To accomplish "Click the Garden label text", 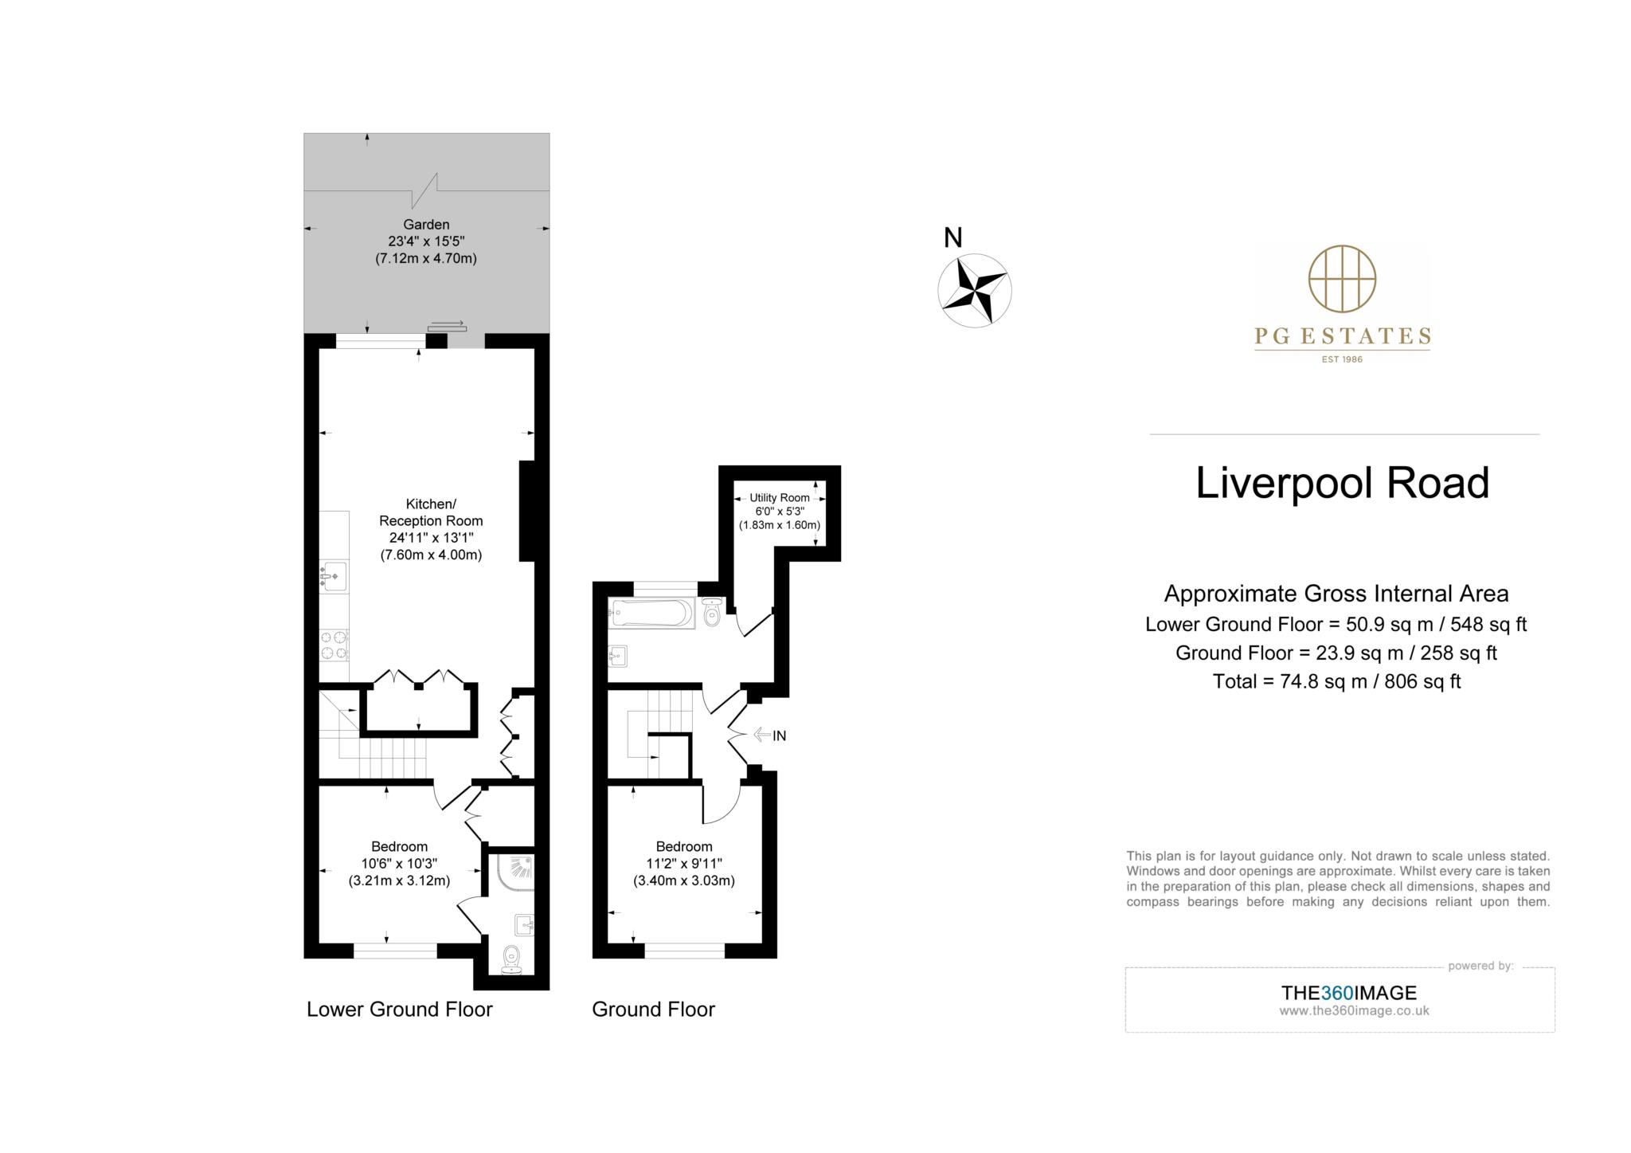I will [x=426, y=225].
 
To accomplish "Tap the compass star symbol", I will [x=974, y=291].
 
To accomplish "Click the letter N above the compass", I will [x=952, y=237].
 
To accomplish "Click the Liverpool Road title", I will [x=1342, y=484].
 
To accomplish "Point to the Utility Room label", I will [x=779, y=497].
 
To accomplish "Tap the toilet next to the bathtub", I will [x=712, y=613].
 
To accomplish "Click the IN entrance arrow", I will [x=769, y=735].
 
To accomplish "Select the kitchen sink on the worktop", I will [x=334, y=575].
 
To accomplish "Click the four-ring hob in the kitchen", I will [x=334, y=645].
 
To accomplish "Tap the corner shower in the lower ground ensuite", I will [x=516, y=873].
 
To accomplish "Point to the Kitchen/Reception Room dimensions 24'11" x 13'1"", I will [x=431, y=538].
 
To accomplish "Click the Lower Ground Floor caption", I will [x=400, y=1010].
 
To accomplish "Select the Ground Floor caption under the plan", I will [x=653, y=1010].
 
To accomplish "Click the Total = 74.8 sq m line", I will [x=1336, y=681].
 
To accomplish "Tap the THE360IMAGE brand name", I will [x=1348, y=993].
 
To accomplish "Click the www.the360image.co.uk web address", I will [x=1354, y=1011].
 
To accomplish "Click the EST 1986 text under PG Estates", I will [x=1342, y=359].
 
